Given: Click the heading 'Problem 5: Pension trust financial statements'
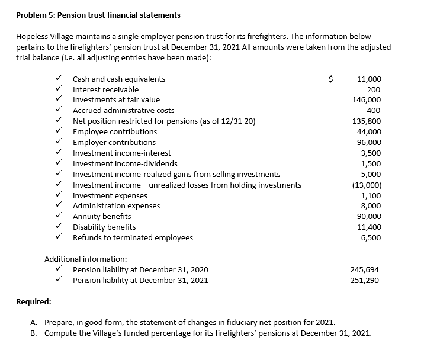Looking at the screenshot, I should tap(98, 15).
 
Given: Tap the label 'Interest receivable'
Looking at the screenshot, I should tap(105, 89).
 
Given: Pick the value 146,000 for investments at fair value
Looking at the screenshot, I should tap(367, 100).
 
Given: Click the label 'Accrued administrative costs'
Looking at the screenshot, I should tap(123, 111).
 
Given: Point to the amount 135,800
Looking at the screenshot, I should tap(367, 121).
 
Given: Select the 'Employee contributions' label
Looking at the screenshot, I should tap(115, 131).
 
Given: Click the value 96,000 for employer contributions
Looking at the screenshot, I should tap(369, 142).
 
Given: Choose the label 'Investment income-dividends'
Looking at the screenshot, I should tap(125, 163).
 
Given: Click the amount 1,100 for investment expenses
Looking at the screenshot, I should tap(371, 195).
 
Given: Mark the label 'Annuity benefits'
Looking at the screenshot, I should tap(102, 217).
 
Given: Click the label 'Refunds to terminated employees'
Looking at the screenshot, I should tap(133, 238).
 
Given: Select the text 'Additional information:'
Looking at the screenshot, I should tap(85, 259).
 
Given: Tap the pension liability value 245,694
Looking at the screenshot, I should tap(365, 270).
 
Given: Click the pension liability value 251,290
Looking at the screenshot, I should tap(365, 281).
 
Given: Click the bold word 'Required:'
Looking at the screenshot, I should tap(33, 301).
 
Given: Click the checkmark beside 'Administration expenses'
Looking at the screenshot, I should tap(58, 206).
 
